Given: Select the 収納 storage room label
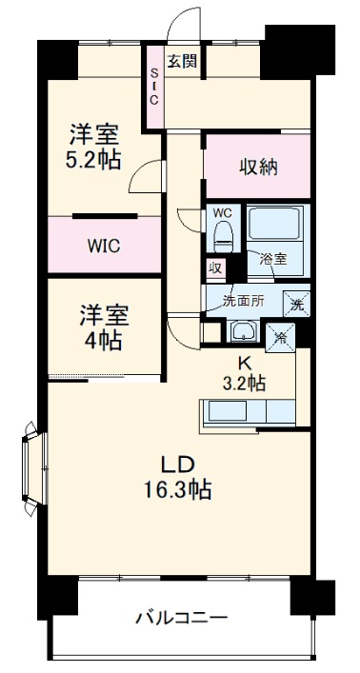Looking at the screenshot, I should tap(257, 167).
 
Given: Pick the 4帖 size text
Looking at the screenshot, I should tap(104, 340).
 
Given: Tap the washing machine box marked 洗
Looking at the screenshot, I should tap(296, 306).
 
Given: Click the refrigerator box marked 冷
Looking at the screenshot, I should tap(282, 335).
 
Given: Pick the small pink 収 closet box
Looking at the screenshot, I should tap(215, 268).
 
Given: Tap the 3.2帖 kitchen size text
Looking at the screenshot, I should tap(243, 383).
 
